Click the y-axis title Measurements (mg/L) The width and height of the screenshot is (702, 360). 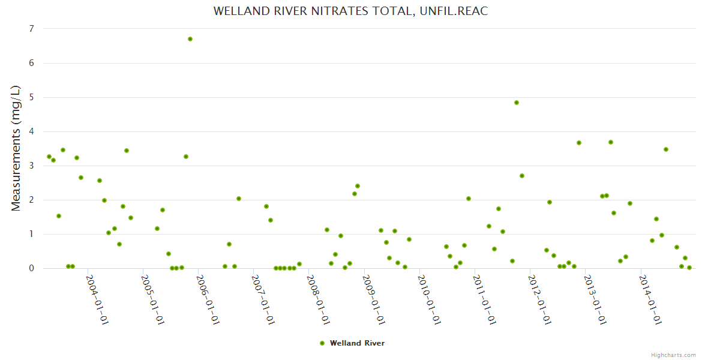click(x=16, y=148)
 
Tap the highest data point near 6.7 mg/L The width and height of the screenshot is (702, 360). click(x=190, y=39)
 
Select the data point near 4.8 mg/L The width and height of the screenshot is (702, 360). click(x=517, y=103)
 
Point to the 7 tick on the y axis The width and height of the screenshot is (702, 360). click(x=31, y=29)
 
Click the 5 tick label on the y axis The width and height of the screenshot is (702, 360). click(x=31, y=97)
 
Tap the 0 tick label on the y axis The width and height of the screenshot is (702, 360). click(x=31, y=268)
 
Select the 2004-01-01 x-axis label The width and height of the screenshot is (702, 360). click(x=97, y=300)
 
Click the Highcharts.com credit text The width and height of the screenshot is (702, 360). click(x=674, y=355)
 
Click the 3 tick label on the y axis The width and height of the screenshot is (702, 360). click(x=31, y=166)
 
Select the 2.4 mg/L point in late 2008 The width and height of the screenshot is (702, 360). click(x=358, y=186)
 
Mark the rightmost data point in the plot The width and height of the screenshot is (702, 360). click(x=689, y=268)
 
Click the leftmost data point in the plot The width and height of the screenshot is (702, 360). click(x=49, y=157)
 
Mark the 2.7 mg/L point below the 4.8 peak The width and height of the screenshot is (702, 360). click(x=522, y=176)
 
